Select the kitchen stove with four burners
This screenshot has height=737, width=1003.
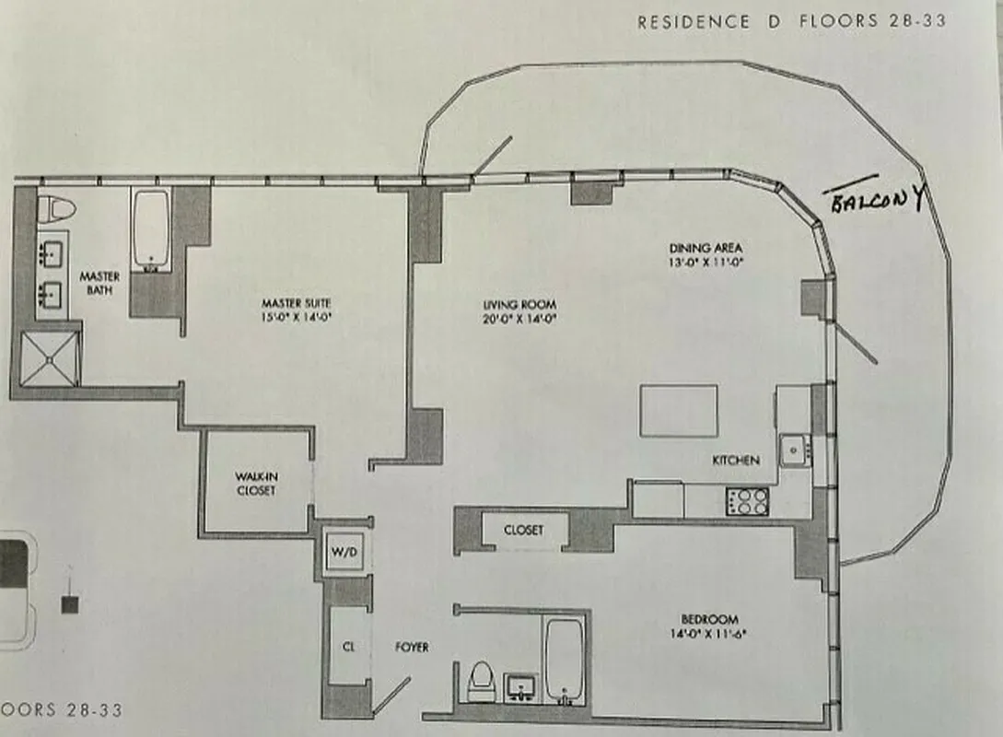tap(749, 501)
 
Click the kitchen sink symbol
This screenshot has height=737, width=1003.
tap(793, 450)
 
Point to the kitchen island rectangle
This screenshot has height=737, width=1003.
tap(679, 411)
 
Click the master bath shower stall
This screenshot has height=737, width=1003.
tap(51, 358)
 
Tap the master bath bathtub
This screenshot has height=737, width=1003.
tap(150, 229)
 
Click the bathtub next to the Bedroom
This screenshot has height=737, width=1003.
tap(564, 661)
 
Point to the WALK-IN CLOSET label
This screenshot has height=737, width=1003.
tap(255, 484)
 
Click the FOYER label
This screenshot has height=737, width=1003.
tap(412, 648)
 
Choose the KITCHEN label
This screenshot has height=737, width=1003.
tap(735, 460)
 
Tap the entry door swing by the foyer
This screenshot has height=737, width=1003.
tap(391, 696)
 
